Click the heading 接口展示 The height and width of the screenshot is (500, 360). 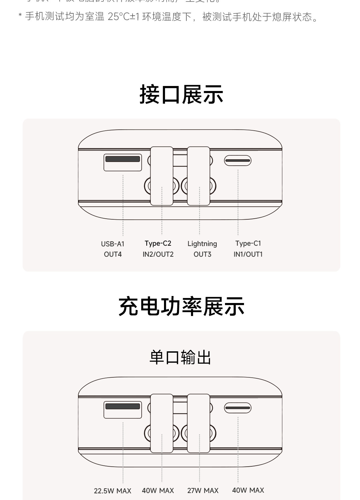click(181, 94)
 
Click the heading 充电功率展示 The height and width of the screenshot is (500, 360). click(181, 306)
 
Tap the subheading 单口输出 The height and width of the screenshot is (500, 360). click(180, 357)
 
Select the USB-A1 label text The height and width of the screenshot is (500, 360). click(113, 244)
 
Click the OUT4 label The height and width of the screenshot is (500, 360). click(113, 254)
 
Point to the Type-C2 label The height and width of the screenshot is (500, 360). click(158, 243)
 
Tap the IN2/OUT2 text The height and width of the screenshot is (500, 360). click(158, 254)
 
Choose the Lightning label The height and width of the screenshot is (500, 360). click(202, 244)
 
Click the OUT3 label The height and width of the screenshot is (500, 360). click(202, 254)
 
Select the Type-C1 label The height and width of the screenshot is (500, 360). click(248, 243)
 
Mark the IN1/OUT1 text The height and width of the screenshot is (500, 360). click(248, 254)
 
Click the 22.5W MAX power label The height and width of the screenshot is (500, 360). click(113, 491)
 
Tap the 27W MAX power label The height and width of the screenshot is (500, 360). click(203, 491)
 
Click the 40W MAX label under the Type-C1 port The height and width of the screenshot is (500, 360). click(248, 490)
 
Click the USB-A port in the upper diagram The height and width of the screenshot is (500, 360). click(123, 162)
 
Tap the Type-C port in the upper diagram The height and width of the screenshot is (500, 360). click(238, 161)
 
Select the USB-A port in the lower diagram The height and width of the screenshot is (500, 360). click(123, 410)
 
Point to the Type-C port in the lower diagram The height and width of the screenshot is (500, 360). click(238, 408)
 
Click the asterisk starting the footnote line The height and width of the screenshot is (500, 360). click(20, 16)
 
